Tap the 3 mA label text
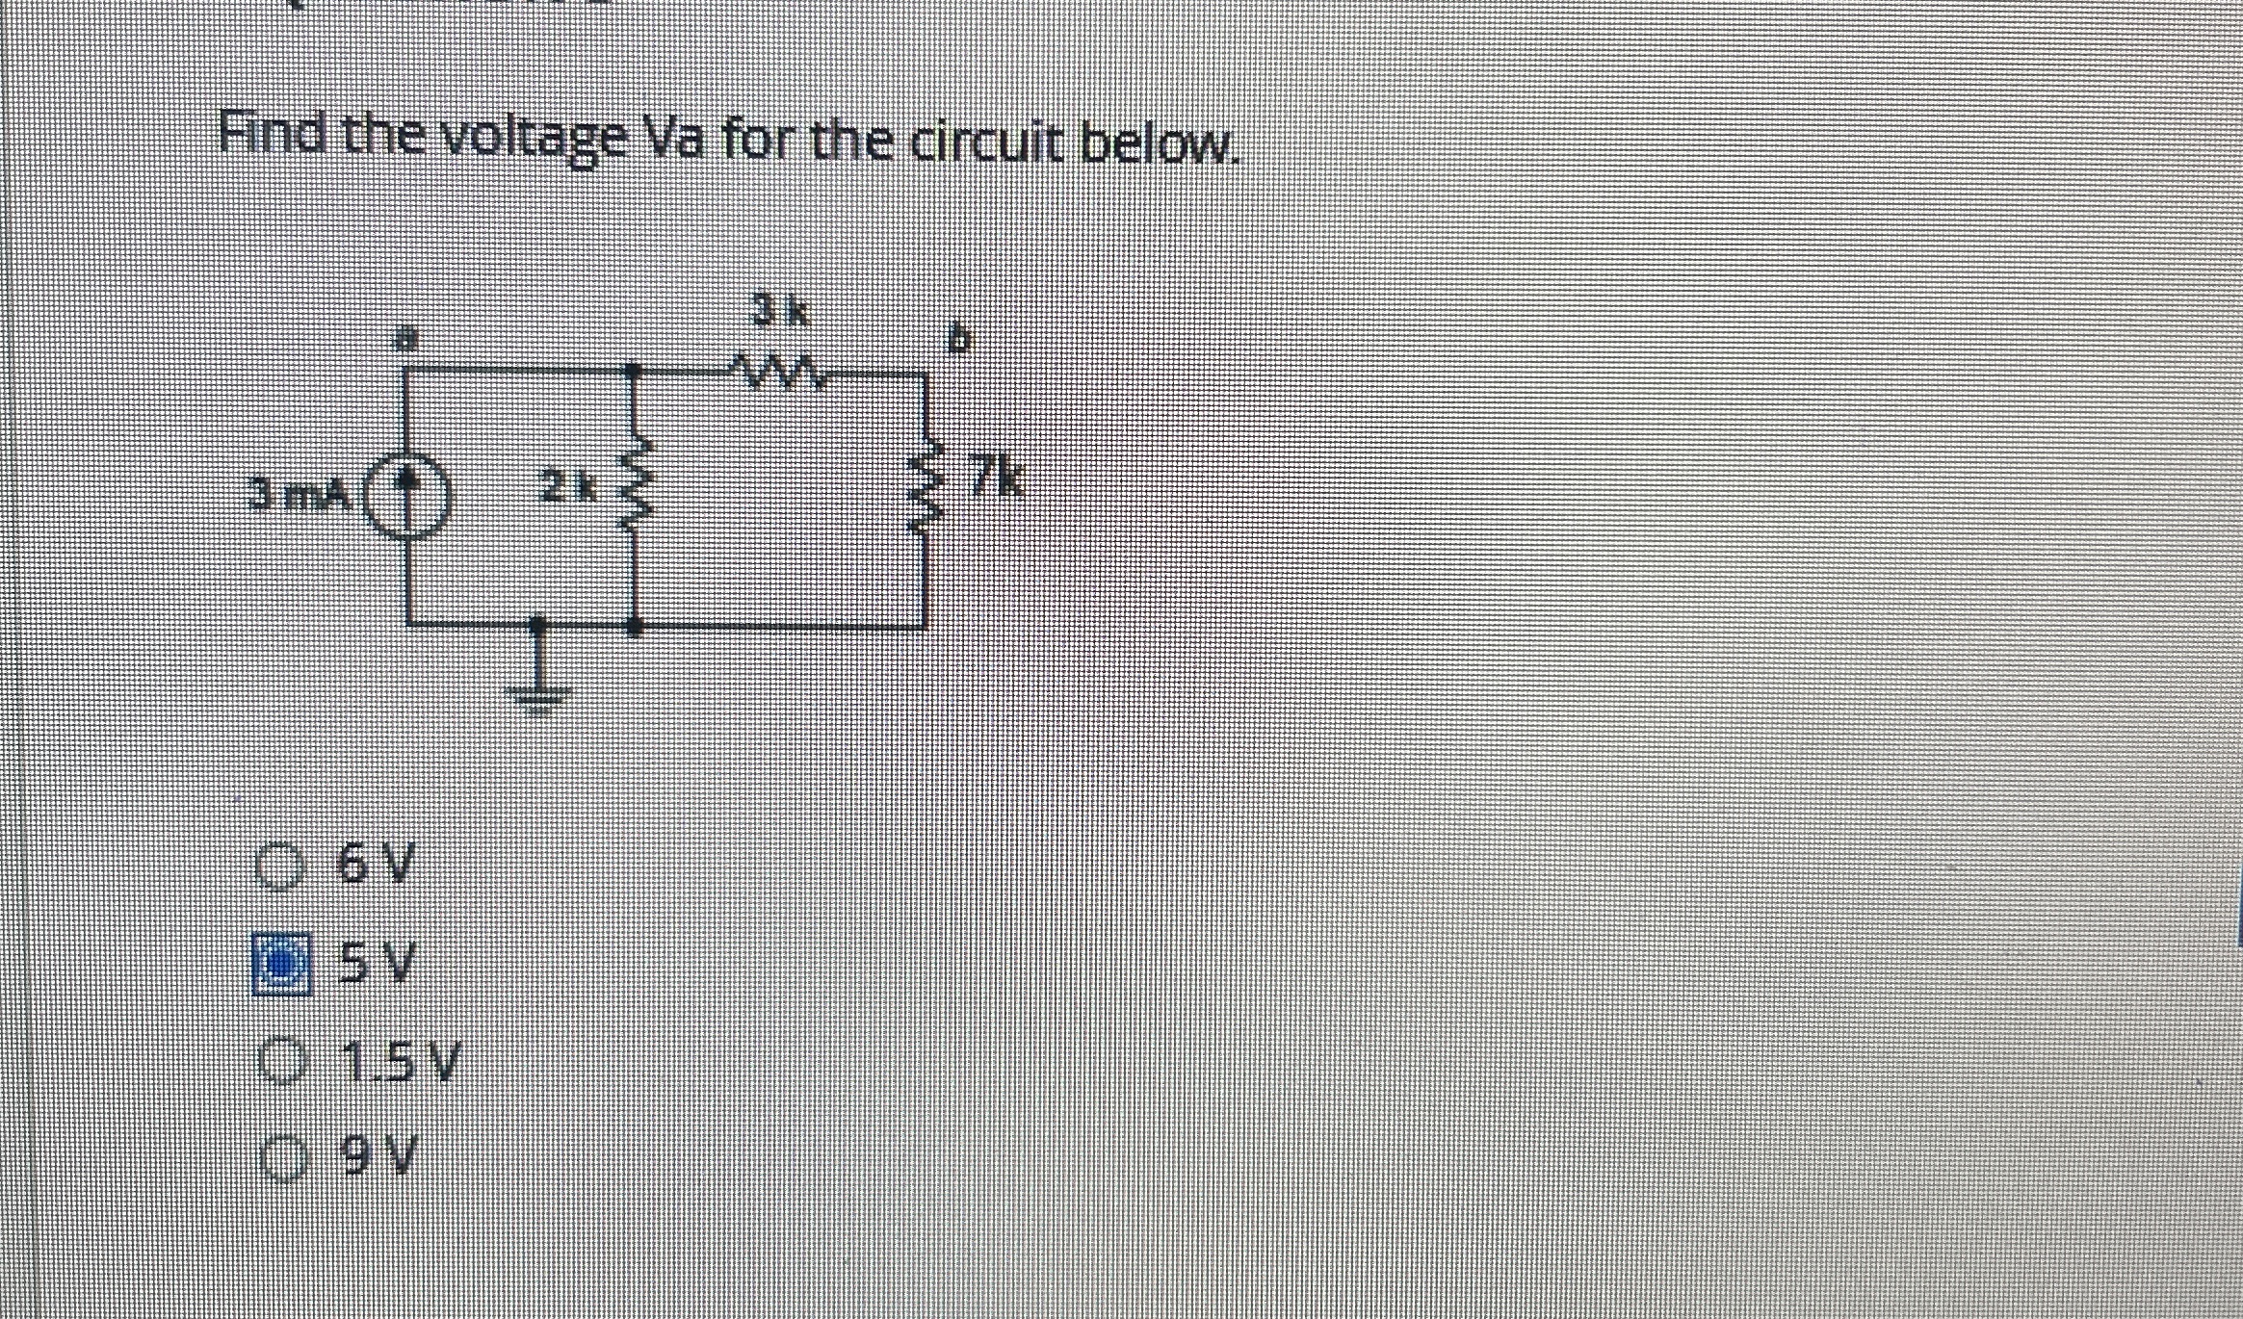point(298,495)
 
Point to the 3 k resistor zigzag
point(775,371)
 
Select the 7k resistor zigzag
point(926,498)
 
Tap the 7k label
point(997,476)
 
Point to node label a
point(406,339)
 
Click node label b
point(959,340)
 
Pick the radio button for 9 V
point(279,1156)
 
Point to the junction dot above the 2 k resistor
point(633,370)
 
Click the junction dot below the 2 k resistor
point(634,627)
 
